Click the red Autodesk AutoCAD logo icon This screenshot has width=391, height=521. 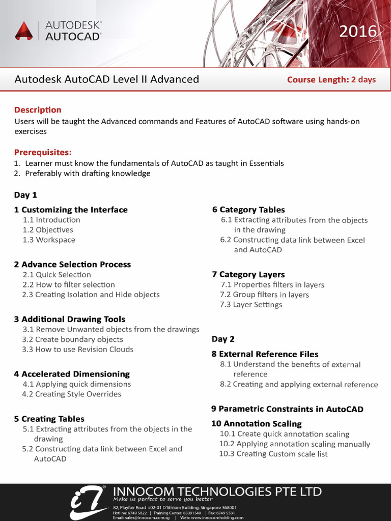click(x=23, y=31)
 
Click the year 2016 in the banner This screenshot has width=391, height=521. click(x=358, y=32)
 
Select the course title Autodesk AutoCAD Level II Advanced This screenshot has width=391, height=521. click(x=106, y=79)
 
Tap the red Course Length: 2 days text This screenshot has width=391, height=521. click(x=331, y=79)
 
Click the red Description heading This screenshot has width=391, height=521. click(x=38, y=110)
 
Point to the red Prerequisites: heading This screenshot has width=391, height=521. click(x=43, y=152)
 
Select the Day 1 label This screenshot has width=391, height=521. click(x=25, y=195)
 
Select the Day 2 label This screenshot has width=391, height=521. click(x=223, y=339)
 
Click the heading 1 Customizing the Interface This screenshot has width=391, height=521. click(x=71, y=210)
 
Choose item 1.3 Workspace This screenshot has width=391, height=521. click(x=49, y=240)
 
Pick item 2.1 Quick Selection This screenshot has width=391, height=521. click(x=57, y=274)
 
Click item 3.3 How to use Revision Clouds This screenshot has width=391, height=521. click(x=77, y=349)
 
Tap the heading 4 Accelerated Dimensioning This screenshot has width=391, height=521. click(x=72, y=374)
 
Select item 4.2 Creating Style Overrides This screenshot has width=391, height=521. click(x=71, y=394)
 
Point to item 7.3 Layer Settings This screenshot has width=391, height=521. click(x=251, y=304)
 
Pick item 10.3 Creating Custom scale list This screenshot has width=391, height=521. click(x=273, y=454)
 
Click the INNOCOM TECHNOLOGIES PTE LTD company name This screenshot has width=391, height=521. click(x=217, y=491)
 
